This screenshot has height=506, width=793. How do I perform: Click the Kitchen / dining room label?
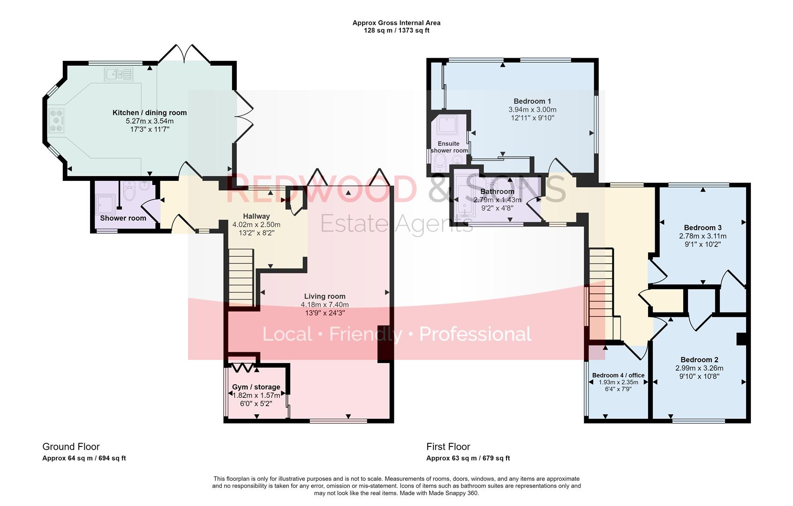pos(150,112)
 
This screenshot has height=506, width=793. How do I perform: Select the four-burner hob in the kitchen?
pos(57,120)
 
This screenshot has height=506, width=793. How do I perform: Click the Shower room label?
pos(123,218)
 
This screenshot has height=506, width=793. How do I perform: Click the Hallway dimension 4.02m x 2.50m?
pos(256,224)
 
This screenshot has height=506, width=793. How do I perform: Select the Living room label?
pos(325,296)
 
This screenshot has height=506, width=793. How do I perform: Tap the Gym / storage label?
pos(256,387)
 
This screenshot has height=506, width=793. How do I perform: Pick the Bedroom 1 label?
pos(532,101)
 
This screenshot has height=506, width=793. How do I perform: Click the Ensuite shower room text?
pos(449,147)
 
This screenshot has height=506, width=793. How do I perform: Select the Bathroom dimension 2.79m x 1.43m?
pos(497,200)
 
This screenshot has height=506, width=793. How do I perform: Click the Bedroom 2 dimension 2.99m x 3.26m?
pos(699,368)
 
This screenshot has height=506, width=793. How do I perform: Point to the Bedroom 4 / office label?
pos(618,375)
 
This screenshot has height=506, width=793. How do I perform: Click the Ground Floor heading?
pos(71,446)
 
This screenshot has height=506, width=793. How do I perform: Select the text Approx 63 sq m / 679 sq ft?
pos(468,458)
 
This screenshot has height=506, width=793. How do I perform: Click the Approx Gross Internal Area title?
pos(396,22)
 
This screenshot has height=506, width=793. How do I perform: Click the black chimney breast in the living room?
pos(383,343)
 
